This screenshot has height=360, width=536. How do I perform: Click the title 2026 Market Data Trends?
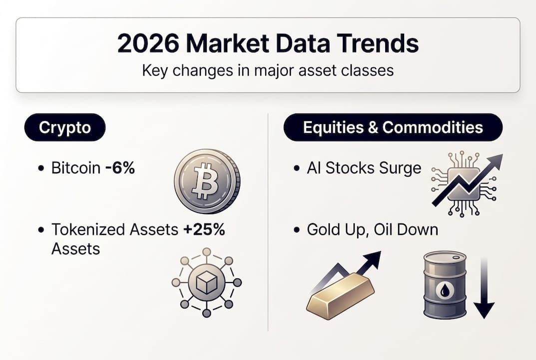(268, 44)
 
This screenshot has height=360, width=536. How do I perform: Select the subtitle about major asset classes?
(268, 70)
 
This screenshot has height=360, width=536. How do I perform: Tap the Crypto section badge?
(65, 127)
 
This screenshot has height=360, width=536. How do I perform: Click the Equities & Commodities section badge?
(393, 127)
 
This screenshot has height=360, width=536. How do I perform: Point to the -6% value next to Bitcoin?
(120, 168)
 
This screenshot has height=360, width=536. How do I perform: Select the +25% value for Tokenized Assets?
(204, 229)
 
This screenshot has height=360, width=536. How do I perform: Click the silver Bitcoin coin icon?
(207, 180)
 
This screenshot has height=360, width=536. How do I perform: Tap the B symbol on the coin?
(205, 180)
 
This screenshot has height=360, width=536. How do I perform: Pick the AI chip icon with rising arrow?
(465, 182)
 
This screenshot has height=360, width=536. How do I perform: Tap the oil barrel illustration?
(445, 285)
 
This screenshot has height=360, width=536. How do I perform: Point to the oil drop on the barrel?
(445, 290)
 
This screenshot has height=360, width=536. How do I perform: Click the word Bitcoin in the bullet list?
(76, 168)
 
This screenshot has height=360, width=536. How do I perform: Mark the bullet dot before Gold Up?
(297, 230)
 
